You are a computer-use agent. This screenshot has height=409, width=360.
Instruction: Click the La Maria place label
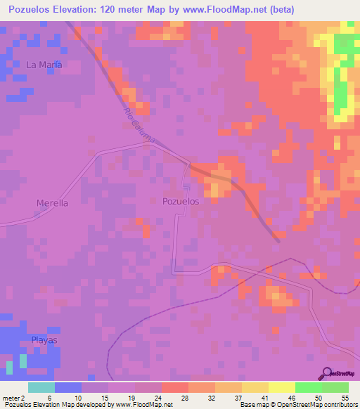[x=44, y=65]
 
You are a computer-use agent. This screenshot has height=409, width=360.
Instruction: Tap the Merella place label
[x=52, y=203]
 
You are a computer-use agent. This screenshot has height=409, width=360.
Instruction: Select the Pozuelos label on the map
[x=181, y=201]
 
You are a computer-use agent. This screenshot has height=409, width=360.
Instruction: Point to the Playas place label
[x=44, y=339]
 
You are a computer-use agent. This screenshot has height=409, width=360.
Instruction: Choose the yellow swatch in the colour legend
[x=282, y=387]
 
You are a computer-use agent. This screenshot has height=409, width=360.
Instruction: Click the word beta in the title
[x=281, y=9]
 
